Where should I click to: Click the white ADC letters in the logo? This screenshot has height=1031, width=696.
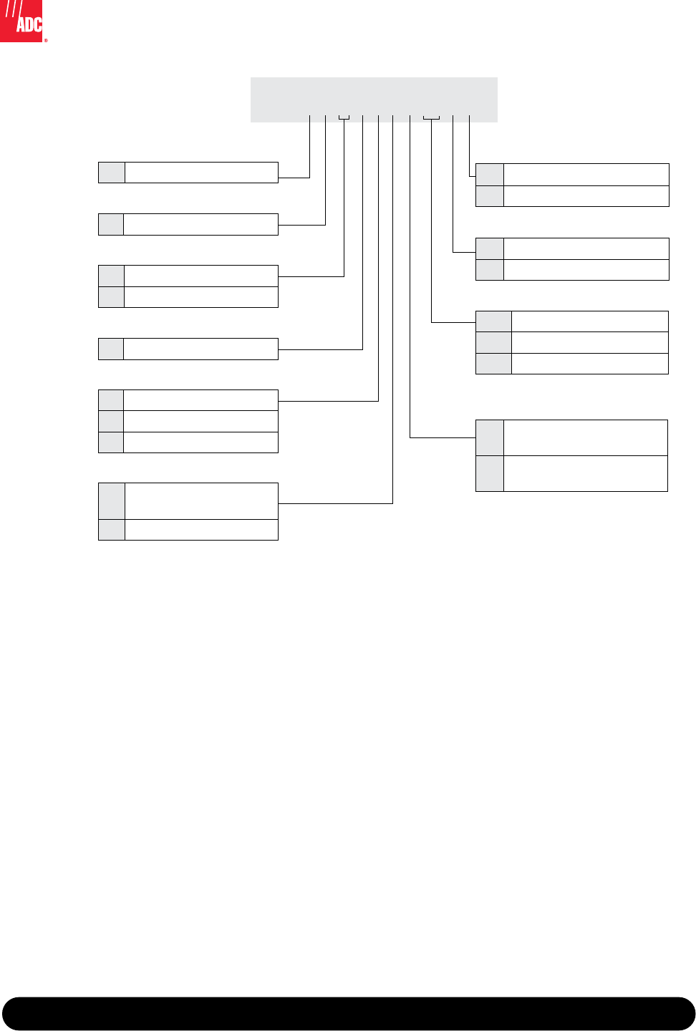point(29,24)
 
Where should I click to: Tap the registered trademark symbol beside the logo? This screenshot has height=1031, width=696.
point(46,41)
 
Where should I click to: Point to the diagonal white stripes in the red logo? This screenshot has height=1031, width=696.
point(11,9)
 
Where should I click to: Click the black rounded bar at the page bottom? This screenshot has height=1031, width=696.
point(348,1013)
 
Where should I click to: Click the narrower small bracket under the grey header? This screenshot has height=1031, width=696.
point(344,117)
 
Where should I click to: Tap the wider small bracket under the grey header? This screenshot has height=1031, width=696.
point(431,117)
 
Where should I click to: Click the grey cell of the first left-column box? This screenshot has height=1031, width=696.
point(112,173)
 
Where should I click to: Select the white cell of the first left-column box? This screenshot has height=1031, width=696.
point(201,173)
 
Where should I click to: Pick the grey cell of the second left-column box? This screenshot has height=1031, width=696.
point(111,224)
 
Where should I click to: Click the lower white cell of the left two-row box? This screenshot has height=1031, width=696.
point(201,297)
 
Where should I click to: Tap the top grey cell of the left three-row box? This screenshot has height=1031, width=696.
point(111,400)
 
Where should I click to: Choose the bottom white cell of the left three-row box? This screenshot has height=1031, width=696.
point(201,442)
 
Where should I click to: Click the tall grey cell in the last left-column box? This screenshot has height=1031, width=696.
point(112,501)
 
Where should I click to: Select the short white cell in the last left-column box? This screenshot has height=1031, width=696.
point(201,530)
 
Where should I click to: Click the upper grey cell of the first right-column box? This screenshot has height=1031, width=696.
point(490,175)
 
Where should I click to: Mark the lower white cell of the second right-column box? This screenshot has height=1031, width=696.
point(586,270)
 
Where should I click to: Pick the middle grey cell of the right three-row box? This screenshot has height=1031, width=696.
point(494,342)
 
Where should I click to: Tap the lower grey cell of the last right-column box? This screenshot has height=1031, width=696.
point(490,473)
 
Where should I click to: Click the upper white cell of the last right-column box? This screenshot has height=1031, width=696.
point(586,437)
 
